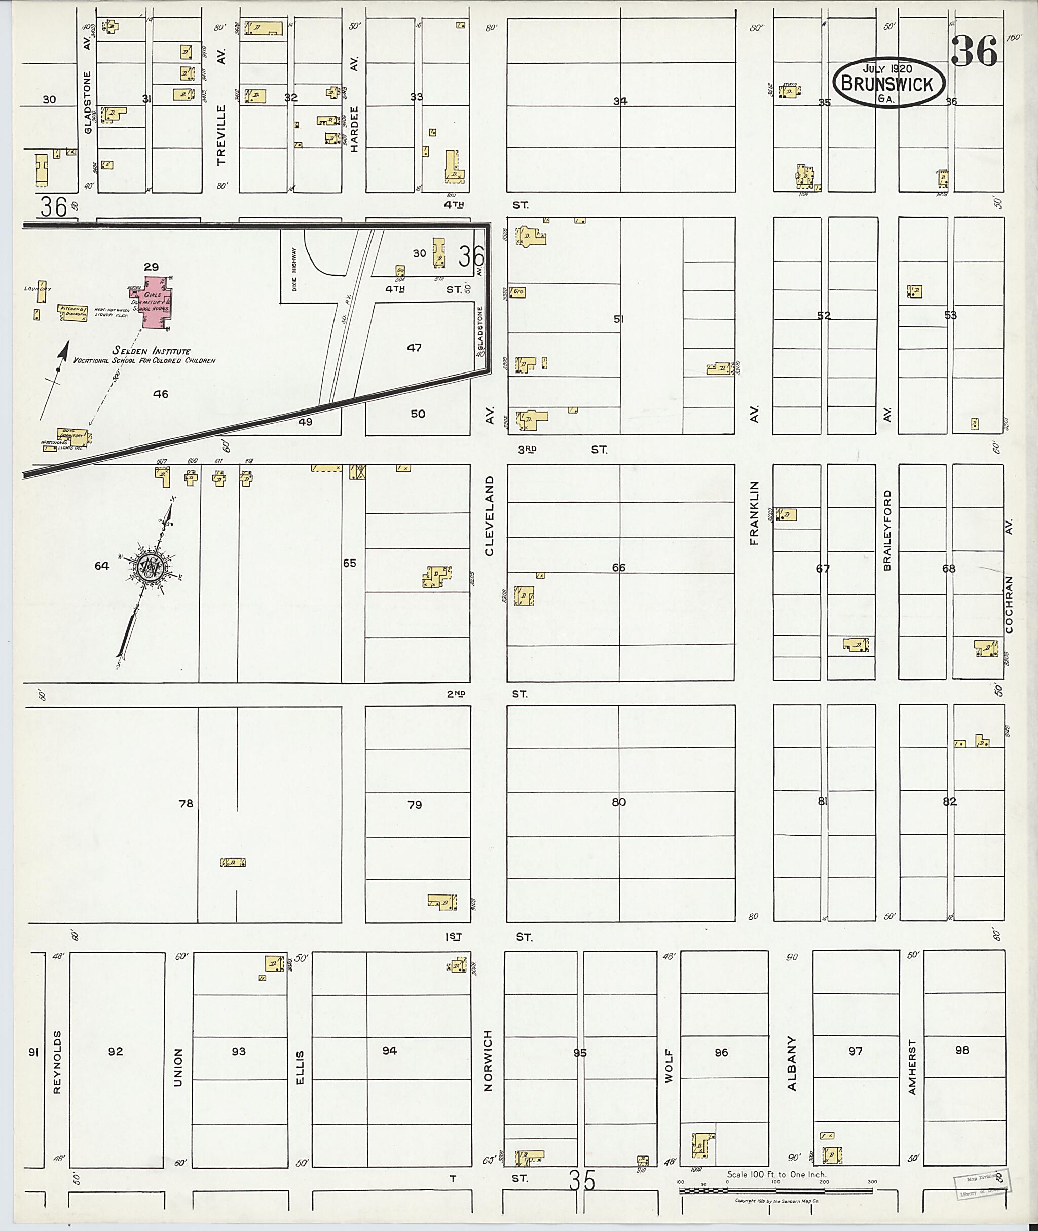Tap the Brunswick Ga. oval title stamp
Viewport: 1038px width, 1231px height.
(x=888, y=84)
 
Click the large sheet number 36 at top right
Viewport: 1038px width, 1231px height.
(x=974, y=52)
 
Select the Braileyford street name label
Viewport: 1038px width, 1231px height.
(x=887, y=530)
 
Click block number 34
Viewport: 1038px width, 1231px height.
(x=620, y=101)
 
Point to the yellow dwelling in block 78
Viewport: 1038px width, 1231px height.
(x=233, y=863)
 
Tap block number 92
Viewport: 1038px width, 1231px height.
(x=116, y=1052)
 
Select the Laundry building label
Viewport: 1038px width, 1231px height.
(x=38, y=289)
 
